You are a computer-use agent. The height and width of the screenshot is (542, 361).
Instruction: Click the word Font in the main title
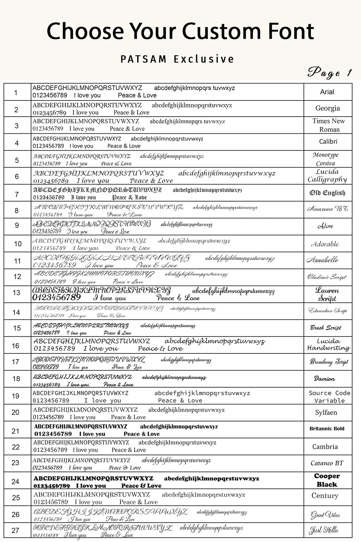(291, 31)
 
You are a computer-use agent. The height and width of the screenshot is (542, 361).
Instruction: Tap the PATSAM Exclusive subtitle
(177, 59)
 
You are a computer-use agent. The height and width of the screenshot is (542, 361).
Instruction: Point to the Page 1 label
(329, 72)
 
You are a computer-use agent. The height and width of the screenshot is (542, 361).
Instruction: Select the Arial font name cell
(327, 92)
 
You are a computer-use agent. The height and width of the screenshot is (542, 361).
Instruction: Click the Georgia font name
(327, 108)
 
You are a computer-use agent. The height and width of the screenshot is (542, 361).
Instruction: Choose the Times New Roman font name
(329, 125)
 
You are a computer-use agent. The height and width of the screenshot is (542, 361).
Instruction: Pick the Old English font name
(327, 193)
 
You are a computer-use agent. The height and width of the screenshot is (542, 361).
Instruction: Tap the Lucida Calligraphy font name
(327, 176)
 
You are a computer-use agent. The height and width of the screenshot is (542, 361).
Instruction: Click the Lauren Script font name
(327, 294)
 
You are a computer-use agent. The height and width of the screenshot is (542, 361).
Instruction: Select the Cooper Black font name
(327, 480)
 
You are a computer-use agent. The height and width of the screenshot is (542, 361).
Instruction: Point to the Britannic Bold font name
(327, 429)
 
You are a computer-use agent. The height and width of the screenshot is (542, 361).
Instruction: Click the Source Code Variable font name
(329, 396)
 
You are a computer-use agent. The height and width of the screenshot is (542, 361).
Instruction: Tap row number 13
(16, 293)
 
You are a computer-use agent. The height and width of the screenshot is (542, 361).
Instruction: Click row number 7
(17, 194)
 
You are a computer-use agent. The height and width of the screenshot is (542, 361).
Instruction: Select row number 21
(15, 431)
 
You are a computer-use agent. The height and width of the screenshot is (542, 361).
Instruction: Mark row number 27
(15, 530)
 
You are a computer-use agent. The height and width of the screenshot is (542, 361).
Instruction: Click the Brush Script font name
(326, 328)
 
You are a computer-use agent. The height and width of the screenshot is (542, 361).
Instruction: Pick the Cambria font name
(325, 447)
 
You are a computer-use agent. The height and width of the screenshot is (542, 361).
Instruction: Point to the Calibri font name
(328, 141)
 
